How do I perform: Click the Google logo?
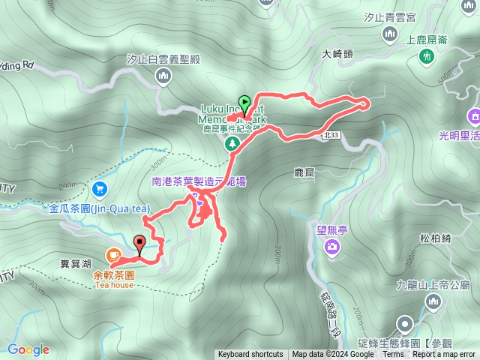28,349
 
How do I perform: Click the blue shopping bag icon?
100,189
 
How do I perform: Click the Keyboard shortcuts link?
250,355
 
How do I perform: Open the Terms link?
393,355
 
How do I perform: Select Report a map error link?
444,355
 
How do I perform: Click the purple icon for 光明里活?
474,115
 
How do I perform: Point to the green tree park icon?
233,142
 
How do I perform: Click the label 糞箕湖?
75,264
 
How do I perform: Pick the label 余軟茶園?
113,274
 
